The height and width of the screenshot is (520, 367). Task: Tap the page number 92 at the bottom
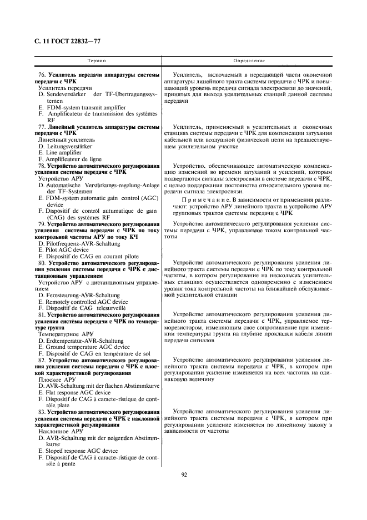(x=184, y=474)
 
